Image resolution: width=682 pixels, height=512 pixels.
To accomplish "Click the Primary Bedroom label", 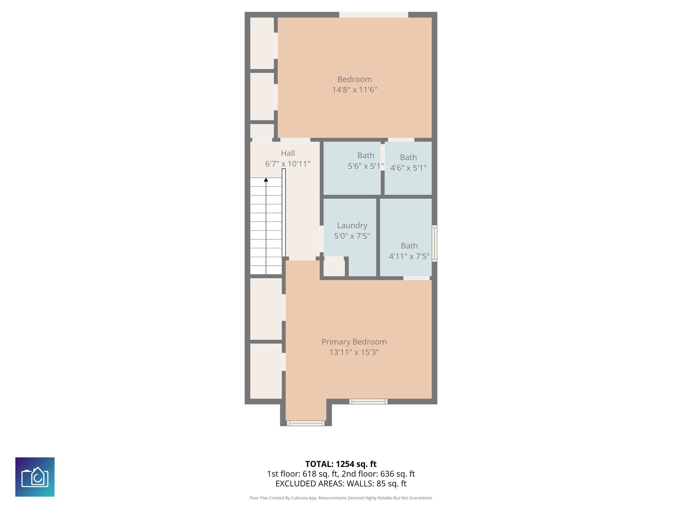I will pyautogui.click(x=354, y=342).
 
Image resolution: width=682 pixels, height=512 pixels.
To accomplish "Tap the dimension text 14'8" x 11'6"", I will pyautogui.click(x=354, y=90).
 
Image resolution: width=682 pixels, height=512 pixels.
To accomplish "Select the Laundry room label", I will pyautogui.click(x=352, y=225).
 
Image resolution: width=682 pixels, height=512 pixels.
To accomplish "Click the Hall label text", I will pyautogui.click(x=288, y=153).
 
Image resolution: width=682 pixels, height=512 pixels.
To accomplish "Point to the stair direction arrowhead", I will pyautogui.click(x=266, y=180).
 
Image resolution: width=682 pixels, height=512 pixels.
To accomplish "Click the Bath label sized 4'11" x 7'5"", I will pyautogui.click(x=409, y=246).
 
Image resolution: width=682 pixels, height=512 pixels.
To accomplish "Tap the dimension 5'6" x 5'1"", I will pyautogui.click(x=365, y=166).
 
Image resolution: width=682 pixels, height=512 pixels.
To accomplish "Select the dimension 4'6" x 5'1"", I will pyautogui.click(x=408, y=168).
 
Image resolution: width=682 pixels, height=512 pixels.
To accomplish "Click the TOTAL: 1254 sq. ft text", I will pyautogui.click(x=341, y=464).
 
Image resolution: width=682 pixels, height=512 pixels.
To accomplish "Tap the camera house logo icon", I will pyautogui.click(x=35, y=477).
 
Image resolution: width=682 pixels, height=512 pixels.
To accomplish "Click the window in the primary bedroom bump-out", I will pyautogui.click(x=306, y=423).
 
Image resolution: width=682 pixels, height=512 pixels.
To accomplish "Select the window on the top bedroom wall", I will pyautogui.click(x=374, y=15).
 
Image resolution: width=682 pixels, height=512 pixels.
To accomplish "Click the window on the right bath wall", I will pyautogui.click(x=434, y=243).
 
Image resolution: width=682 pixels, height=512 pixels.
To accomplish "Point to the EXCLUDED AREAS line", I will pyautogui.click(x=341, y=484).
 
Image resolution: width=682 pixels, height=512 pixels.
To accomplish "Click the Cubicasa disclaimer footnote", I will pyautogui.click(x=341, y=498).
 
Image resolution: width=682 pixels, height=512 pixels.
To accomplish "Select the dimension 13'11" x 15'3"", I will pyautogui.click(x=354, y=352).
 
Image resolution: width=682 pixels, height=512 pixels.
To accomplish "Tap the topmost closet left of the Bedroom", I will pyautogui.click(x=262, y=43).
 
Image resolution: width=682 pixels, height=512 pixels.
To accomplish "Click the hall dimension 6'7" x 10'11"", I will pyautogui.click(x=288, y=164).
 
